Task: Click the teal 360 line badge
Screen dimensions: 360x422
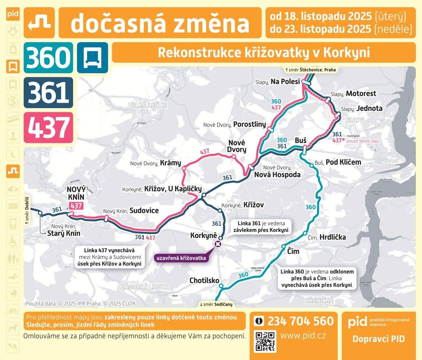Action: click(x=48, y=57)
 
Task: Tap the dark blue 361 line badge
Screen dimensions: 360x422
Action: click(x=48, y=92)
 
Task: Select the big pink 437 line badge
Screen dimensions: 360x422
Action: click(x=48, y=127)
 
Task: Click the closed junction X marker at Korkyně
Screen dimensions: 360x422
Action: click(x=218, y=244)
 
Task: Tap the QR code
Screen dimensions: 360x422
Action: click(x=265, y=341)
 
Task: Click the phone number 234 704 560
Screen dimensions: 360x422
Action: click(x=300, y=321)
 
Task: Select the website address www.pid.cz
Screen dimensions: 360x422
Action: click(x=303, y=335)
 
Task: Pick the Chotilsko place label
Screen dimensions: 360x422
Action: click(x=204, y=281)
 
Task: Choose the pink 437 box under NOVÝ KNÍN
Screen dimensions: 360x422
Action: click(x=76, y=206)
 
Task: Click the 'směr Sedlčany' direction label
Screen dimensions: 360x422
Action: click(x=216, y=304)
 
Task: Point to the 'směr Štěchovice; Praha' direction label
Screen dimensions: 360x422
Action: click(x=311, y=70)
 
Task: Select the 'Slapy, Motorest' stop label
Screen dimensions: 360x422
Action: click(x=353, y=94)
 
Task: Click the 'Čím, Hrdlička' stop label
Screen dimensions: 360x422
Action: click(x=326, y=237)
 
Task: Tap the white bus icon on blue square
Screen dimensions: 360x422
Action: click(x=93, y=57)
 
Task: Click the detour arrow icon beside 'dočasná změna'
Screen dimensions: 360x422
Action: click(x=39, y=22)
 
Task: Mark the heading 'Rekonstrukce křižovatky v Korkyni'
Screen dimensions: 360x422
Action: click(x=264, y=53)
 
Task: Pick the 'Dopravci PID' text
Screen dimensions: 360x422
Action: click(x=378, y=339)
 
